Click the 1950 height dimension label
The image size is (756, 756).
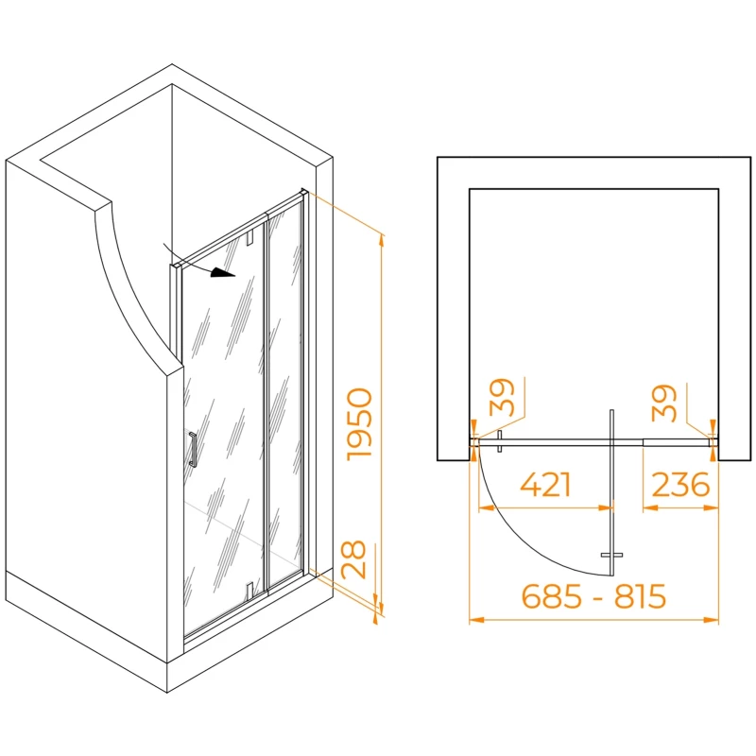360,423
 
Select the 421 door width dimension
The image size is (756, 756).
545,485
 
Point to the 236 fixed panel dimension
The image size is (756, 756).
680,485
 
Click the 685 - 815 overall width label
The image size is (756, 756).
593,596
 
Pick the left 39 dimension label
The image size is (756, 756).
502,397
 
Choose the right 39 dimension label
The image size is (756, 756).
664,403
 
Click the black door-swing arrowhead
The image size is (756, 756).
223,273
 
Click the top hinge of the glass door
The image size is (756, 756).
249,238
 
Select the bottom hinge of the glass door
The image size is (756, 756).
249,589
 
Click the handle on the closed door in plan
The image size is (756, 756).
500,441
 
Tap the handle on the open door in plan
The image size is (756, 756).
611,555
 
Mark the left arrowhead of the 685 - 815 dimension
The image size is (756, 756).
477,620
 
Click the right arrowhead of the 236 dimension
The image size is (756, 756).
712,507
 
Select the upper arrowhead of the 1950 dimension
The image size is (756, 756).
382,241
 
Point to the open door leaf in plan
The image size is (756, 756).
611,493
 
